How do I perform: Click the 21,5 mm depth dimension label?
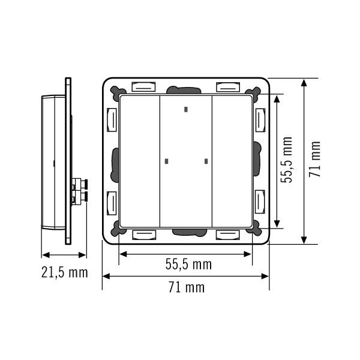(x=65, y=272)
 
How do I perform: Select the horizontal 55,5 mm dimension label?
(x=188, y=264)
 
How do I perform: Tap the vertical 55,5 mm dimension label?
(x=286, y=160)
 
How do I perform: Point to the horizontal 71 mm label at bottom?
(x=187, y=287)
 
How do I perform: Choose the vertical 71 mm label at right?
(x=314, y=159)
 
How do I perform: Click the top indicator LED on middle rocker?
(x=186, y=110)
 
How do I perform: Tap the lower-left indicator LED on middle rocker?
(x=167, y=161)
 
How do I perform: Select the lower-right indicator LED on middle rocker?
(x=206, y=161)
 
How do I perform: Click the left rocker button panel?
(x=140, y=161)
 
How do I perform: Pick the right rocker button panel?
(x=232, y=161)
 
